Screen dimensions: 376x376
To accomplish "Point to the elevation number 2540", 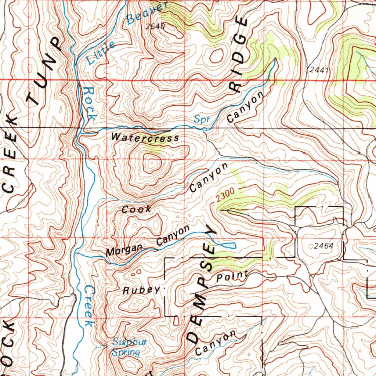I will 155,26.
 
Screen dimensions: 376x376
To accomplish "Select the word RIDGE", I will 239,55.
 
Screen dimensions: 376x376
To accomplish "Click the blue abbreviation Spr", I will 201,119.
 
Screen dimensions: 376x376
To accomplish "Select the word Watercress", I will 145,138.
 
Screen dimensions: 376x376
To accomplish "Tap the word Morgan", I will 124,250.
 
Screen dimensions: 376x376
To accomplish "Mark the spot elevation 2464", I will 323,246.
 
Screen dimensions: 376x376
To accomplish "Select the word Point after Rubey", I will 232,276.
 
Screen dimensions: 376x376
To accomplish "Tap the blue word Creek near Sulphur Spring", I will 88,306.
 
